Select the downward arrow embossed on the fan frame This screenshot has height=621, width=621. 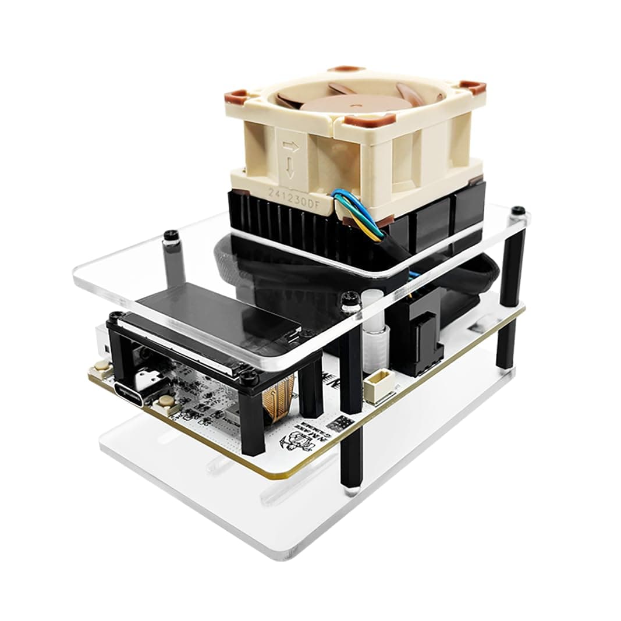tap(290, 169)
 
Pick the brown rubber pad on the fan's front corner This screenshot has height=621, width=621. tap(361, 121)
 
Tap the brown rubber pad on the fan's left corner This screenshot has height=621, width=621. tap(237, 96)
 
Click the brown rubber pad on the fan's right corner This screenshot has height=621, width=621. tap(473, 87)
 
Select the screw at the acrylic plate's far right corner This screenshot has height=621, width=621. tap(517, 210)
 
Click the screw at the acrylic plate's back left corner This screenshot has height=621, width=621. tap(171, 236)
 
